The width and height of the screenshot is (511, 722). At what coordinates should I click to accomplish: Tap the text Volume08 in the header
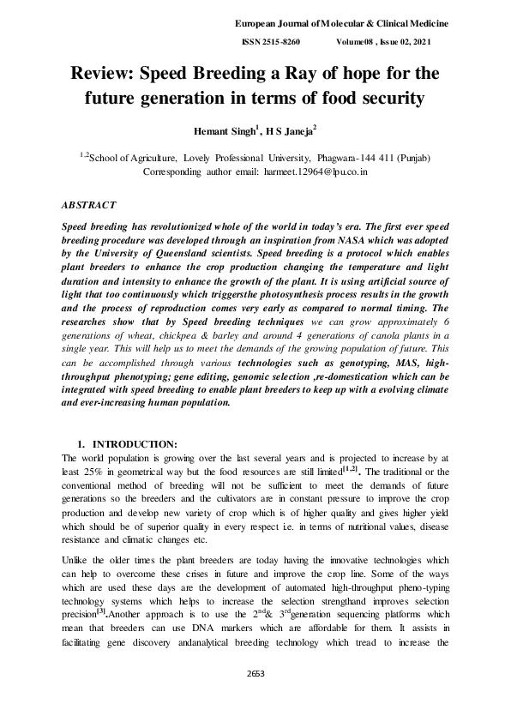click(x=360, y=42)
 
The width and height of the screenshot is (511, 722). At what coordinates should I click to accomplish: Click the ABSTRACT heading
click(x=89, y=206)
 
